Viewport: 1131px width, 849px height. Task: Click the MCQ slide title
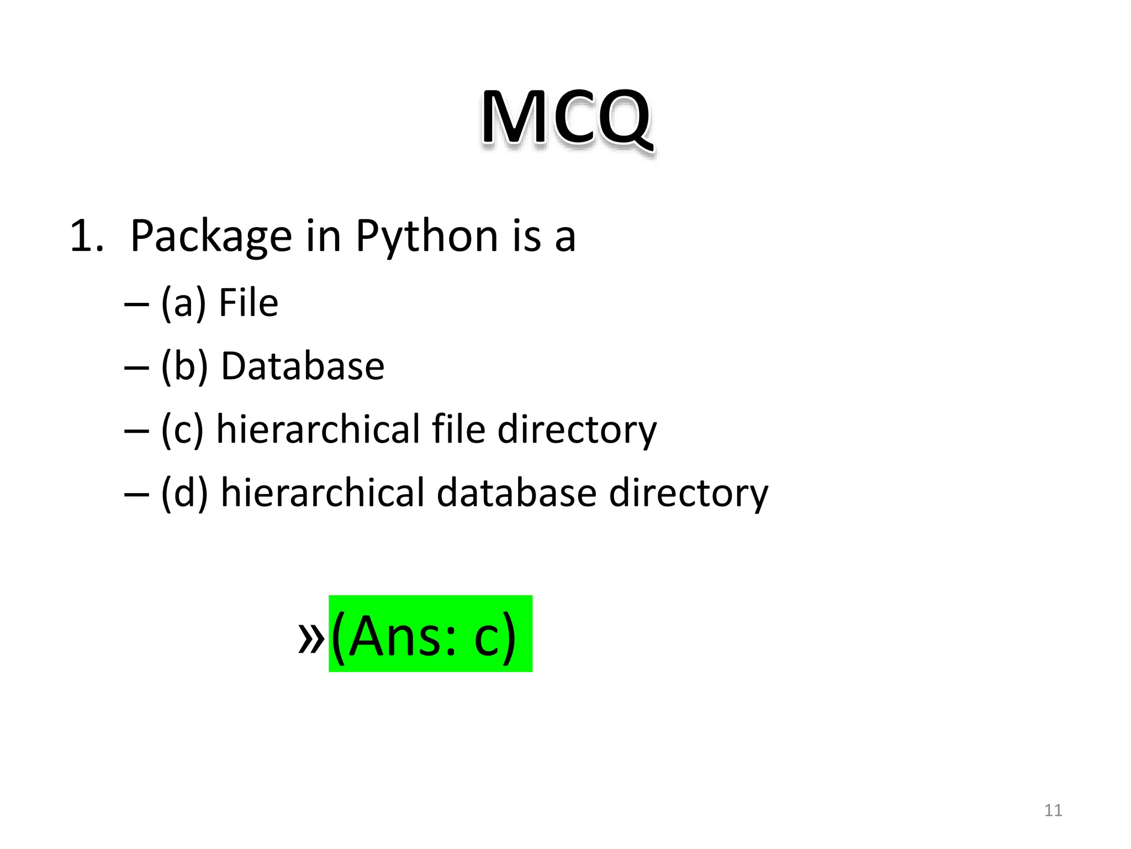coord(566,119)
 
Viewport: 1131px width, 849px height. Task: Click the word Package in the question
coord(210,237)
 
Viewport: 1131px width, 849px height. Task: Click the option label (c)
coord(182,429)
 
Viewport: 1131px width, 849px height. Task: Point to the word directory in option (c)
coord(577,429)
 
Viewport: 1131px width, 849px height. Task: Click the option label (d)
coord(184,492)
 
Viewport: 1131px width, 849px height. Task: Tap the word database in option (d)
coord(517,492)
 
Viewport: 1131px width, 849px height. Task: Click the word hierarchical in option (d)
coord(323,492)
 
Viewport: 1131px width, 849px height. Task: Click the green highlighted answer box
coord(430,633)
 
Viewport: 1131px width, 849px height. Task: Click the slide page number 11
coord(1053,810)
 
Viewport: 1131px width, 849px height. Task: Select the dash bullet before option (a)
coord(136,305)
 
